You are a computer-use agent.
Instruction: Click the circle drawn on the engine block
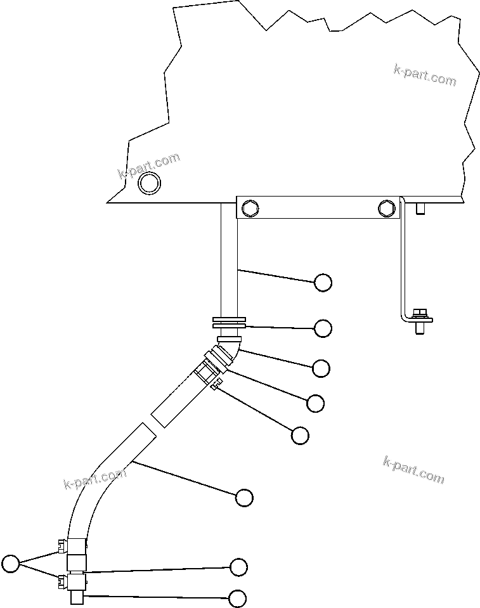pos(150,183)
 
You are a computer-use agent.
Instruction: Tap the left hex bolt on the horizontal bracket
pos(250,207)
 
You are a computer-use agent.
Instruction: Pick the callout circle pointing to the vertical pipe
pos(323,283)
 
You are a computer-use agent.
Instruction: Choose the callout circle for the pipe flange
pos(323,328)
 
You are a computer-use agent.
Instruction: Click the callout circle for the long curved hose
pos(244,498)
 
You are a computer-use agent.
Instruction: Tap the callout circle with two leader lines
pos(11,562)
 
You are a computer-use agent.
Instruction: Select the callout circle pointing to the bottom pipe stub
pos(238,598)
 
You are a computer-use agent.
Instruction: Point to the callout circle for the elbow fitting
pos(321,368)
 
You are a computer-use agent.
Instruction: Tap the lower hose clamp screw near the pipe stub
pos(62,579)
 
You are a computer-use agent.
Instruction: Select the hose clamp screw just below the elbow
pos(216,383)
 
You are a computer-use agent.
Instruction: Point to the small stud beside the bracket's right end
pos(420,209)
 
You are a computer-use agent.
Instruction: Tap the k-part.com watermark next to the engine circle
pos(149,164)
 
